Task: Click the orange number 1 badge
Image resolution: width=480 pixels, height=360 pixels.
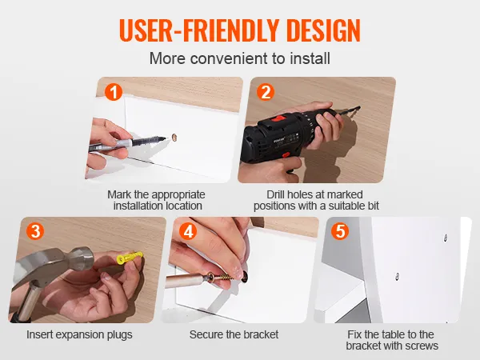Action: pyautogui.click(x=114, y=92)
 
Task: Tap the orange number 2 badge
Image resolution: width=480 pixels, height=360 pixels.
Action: pyautogui.click(x=266, y=92)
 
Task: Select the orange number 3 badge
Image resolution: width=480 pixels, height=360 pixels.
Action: pyautogui.click(x=35, y=231)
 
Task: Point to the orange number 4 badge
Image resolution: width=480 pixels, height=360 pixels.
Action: pyautogui.click(x=188, y=231)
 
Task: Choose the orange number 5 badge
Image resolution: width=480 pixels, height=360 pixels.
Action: pyautogui.click(x=340, y=231)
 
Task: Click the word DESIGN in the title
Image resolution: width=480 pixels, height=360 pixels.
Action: pyautogui.click(x=323, y=30)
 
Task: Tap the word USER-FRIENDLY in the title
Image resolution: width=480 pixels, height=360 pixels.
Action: pyautogui.click(x=199, y=30)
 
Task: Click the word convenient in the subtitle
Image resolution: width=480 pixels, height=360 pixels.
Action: pyautogui.click(x=229, y=58)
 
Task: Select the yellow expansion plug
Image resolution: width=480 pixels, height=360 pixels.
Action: pyautogui.click(x=130, y=257)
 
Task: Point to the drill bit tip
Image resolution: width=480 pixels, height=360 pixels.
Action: pyautogui.click(x=359, y=107)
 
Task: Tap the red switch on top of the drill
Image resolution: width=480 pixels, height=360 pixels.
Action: pyautogui.click(x=279, y=118)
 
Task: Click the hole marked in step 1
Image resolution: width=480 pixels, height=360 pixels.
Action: pyautogui.click(x=174, y=137)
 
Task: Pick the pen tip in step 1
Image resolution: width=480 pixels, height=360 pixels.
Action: pyautogui.click(x=164, y=138)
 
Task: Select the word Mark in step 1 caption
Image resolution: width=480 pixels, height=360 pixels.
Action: pyautogui.click(x=119, y=194)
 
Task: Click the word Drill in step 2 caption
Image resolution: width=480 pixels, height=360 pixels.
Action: pyautogui.click(x=276, y=194)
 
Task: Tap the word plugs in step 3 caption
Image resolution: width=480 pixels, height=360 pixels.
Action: pyautogui.click(x=119, y=335)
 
